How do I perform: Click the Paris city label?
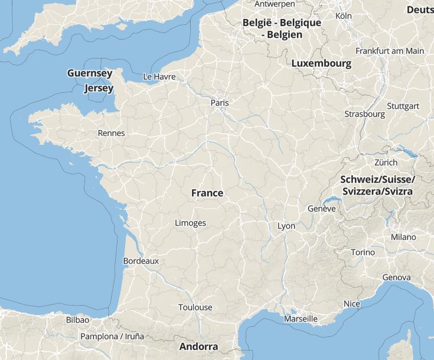(219, 103)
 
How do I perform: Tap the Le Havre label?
(159, 77)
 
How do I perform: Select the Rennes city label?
(111, 133)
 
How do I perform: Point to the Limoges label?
(190, 223)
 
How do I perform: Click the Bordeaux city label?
(141, 261)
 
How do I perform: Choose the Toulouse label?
(195, 307)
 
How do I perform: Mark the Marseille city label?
(301, 319)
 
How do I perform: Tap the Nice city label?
(351, 304)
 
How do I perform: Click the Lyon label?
(286, 226)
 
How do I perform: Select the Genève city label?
(321, 209)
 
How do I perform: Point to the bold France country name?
(207, 193)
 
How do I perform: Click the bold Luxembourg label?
(321, 63)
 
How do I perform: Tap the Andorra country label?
(198, 346)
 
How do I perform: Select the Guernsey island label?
(90, 73)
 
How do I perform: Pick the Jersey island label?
(99, 88)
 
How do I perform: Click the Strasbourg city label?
(364, 114)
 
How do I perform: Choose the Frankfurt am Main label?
(389, 51)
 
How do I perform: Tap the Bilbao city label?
(77, 320)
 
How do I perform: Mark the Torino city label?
(363, 252)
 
